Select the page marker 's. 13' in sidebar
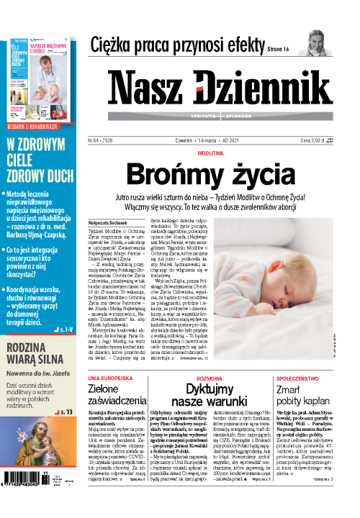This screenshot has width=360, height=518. click(x=67, y=412)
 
